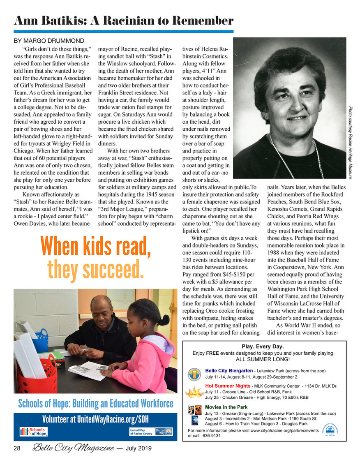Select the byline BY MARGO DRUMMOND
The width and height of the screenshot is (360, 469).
click(49, 41)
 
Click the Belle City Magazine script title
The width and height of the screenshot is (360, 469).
click(74, 448)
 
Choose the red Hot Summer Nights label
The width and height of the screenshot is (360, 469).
click(228, 386)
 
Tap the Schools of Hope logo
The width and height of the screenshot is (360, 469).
click(34, 432)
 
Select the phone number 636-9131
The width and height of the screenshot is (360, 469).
click(212, 436)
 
